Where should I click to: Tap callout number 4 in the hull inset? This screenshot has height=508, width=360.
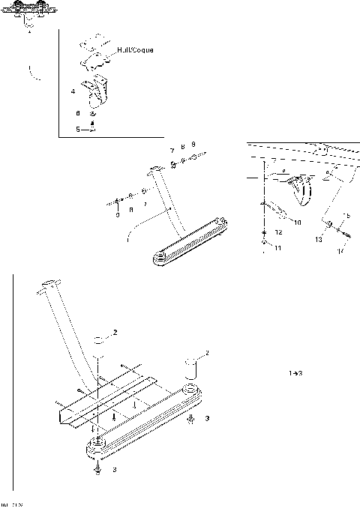[72, 91]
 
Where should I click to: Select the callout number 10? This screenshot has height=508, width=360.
[297, 223]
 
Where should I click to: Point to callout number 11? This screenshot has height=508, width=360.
[277, 247]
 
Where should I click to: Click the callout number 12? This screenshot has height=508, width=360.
[277, 232]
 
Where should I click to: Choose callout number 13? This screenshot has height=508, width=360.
[319, 239]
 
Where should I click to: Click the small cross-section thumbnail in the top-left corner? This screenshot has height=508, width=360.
[28, 15]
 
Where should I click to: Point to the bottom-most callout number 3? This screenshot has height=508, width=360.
[113, 470]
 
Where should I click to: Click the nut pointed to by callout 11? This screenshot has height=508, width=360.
[264, 243]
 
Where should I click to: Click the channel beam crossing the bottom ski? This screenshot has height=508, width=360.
[105, 405]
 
